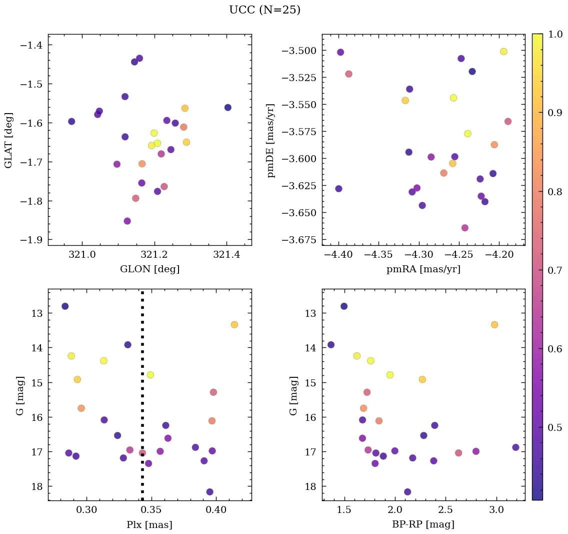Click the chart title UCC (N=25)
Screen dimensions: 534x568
pyautogui.click(x=264, y=10)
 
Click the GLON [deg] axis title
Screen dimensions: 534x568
pyautogui.click(x=149, y=269)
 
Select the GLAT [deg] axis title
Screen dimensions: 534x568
pyautogui.click(x=8, y=140)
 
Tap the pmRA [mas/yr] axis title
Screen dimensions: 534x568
pyautogui.click(x=423, y=269)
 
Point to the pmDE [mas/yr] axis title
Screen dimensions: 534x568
pyautogui.click(x=271, y=140)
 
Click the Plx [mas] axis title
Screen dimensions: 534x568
pyautogui.click(x=149, y=524)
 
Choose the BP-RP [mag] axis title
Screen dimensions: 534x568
pyautogui.click(x=423, y=524)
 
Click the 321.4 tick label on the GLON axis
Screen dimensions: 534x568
pyautogui.click(x=226, y=254)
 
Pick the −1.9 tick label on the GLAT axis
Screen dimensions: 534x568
pyautogui.click(x=31, y=240)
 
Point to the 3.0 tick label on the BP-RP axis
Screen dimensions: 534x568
pyautogui.click(x=496, y=509)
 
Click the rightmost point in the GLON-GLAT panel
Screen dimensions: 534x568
pyautogui.click(x=228, y=108)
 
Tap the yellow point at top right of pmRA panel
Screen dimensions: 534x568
pyautogui.click(x=503, y=52)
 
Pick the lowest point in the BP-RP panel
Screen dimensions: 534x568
pyautogui.click(x=407, y=492)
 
